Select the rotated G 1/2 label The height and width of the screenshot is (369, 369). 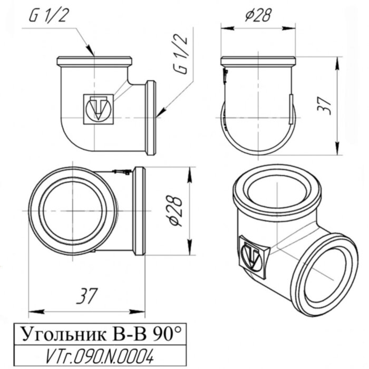181,54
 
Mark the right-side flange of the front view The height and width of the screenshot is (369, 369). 151,118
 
